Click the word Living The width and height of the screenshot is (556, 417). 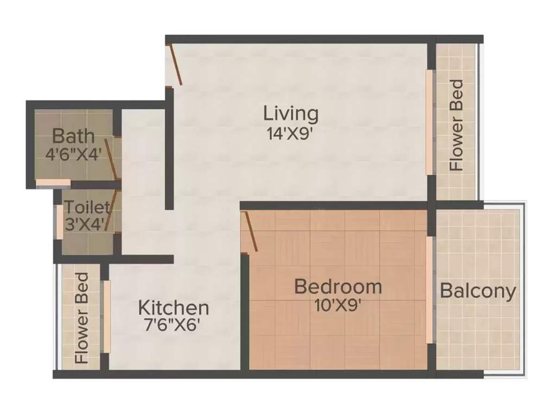(x=290, y=114)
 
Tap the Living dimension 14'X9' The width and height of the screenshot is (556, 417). (x=290, y=134)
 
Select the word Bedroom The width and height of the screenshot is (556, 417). (x=338, y=286)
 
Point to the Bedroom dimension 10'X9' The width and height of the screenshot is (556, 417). (x=338, y=305)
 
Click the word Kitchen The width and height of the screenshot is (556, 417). (x=174, y=308)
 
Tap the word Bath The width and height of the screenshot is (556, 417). (x=74, y=135)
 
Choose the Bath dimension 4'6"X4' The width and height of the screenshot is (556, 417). (x=74, y=154)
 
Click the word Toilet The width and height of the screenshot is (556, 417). (x=87, y=207)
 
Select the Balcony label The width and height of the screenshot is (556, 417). (x=478, y=291)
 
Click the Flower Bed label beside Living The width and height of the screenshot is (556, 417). (x=457, y=125)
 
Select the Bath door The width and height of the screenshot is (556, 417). (x=111, y=157)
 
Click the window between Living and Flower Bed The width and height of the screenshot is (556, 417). (x=429, y=122)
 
